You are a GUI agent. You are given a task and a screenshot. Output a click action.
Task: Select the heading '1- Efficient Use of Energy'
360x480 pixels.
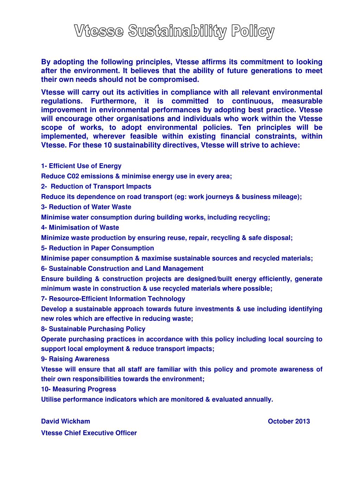click(x=81, y=166)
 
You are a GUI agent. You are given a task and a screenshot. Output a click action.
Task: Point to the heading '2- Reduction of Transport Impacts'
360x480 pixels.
click(x=96, y=186)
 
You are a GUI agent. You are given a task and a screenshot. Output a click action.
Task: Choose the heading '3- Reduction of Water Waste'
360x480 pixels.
click(x=86, y=207)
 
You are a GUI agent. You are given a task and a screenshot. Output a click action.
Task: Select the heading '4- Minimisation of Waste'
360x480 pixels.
click(x=80, y=228)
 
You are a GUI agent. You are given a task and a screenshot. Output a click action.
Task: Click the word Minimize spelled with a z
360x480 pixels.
click(x=55, y=238)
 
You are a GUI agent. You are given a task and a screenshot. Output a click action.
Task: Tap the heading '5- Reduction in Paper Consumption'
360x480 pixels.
click(x=97, y=248)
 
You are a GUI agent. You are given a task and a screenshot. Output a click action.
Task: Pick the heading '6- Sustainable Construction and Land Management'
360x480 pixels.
click(x=122, y=269)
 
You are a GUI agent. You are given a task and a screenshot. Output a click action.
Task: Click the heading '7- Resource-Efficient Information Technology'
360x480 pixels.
click(x=113, y=299)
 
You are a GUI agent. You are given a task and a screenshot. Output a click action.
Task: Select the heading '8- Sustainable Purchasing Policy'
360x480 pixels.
click(x=93, y=329)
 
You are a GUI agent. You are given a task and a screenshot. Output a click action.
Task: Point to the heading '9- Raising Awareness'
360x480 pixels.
click(x=75, y=359)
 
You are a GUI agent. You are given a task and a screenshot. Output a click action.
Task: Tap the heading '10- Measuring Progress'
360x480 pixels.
click(x=78, y=389)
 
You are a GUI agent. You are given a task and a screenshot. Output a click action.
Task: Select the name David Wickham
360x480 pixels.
click(x=65, y=421)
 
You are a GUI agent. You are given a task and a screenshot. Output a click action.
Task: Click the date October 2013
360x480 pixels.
click(x=289, y=421)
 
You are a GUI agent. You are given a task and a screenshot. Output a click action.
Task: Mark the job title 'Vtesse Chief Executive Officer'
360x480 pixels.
click(x=89, y=433)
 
